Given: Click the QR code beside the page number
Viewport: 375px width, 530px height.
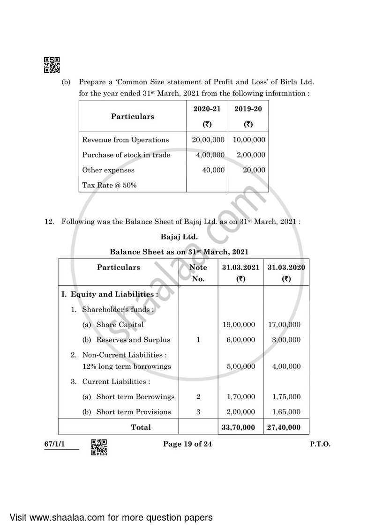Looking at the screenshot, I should coord(98,447).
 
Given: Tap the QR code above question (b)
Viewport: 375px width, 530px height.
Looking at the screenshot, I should coord(52,65).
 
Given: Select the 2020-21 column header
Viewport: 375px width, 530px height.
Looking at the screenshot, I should coord(207,116).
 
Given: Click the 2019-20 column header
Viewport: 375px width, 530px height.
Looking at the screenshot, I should coord(248,116).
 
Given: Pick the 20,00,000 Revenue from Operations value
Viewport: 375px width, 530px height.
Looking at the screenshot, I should coord(208,140).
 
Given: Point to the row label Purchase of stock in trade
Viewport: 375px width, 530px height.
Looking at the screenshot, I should coord(126,155).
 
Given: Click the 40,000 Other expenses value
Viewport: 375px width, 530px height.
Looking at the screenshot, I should coord(213,170).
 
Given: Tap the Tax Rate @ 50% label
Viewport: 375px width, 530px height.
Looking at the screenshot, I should coord(109,185).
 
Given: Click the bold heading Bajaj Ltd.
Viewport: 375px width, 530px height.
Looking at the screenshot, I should coord(179,237).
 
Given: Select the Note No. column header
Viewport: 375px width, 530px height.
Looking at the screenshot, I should coord(198,273).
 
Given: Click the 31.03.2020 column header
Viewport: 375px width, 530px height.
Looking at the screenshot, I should coord(286,273).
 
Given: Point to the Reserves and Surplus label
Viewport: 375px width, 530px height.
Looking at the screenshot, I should coord(133,340).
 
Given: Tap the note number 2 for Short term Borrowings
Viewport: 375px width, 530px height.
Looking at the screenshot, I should coord(198,396).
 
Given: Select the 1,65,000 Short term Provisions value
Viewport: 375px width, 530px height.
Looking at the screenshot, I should coord(286,412).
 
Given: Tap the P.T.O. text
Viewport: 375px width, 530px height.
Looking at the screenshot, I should coord(320,444).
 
